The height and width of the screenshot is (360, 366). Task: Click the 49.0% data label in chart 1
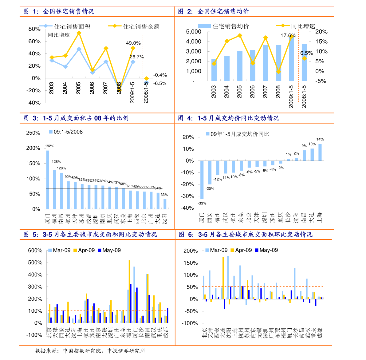[133, 43]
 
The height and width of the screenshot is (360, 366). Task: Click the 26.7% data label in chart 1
[136, 57]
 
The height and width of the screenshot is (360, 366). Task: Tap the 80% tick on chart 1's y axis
[34, 29]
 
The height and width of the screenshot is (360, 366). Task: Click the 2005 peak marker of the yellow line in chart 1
[79, 33]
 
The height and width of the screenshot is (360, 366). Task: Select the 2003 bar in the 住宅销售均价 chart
[214, 70]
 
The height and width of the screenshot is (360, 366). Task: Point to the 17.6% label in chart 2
[288, 36]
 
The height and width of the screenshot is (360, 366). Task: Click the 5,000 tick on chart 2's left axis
[194, 32]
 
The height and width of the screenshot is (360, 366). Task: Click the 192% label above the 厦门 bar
[49, 146]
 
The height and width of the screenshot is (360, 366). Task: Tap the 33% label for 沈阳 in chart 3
[164, 195]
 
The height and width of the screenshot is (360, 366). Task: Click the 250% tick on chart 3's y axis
[33, 133]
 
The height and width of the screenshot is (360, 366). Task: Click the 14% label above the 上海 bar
[320, 139]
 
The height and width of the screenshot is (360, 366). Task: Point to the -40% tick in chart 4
[187, 208]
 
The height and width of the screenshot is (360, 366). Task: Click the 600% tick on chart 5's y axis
[35, 251]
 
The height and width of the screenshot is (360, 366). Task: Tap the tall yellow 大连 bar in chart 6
[223, 278]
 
